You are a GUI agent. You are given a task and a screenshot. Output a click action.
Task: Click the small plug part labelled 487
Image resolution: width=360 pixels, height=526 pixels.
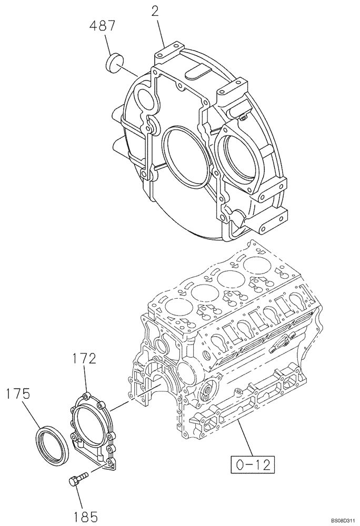click(x=114, y=64)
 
